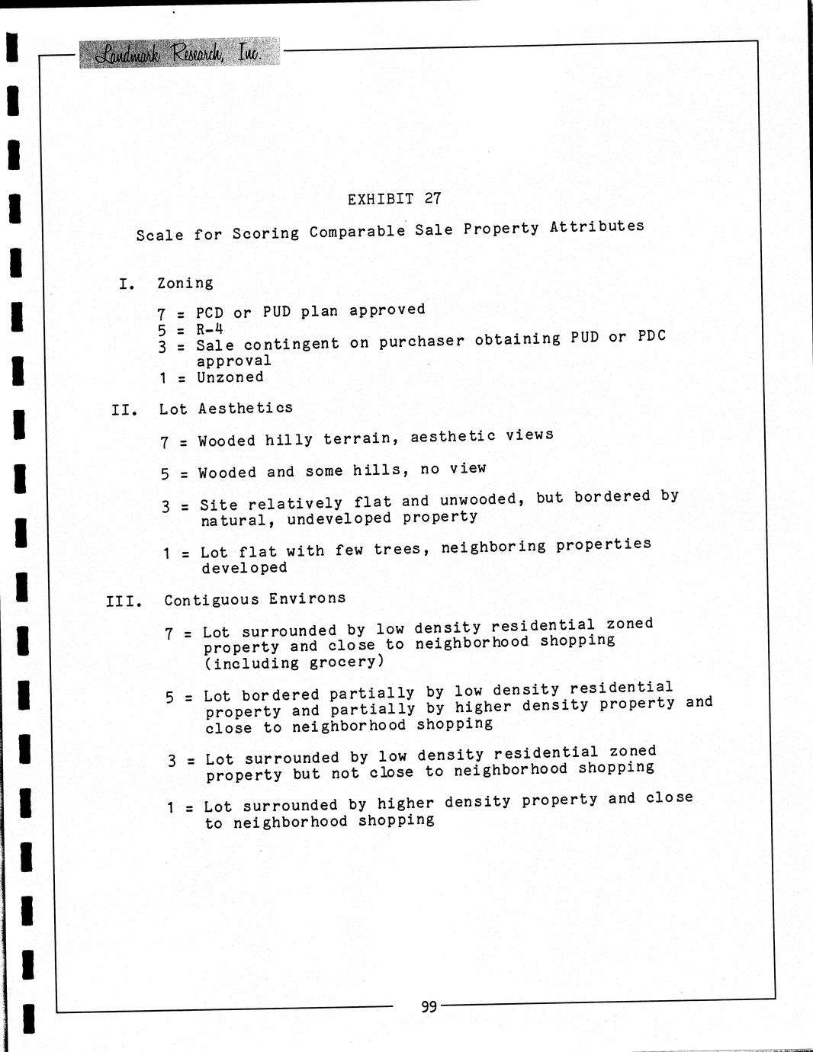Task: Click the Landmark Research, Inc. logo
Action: click(179, 53)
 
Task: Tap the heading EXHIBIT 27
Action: click(394, 199)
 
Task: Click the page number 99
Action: click(429, 1007)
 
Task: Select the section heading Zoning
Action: click(185, 284)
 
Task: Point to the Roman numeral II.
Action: click(124, 411)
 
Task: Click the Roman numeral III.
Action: click(124, 601)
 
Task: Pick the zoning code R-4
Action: click(209, 329)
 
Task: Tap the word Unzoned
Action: click(230, 377)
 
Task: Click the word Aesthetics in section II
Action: click(246, 408)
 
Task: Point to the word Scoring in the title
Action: click(266, 233)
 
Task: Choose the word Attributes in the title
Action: click(597, 226)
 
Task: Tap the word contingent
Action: click(291, 344)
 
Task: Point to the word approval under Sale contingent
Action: click(233, 361)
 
